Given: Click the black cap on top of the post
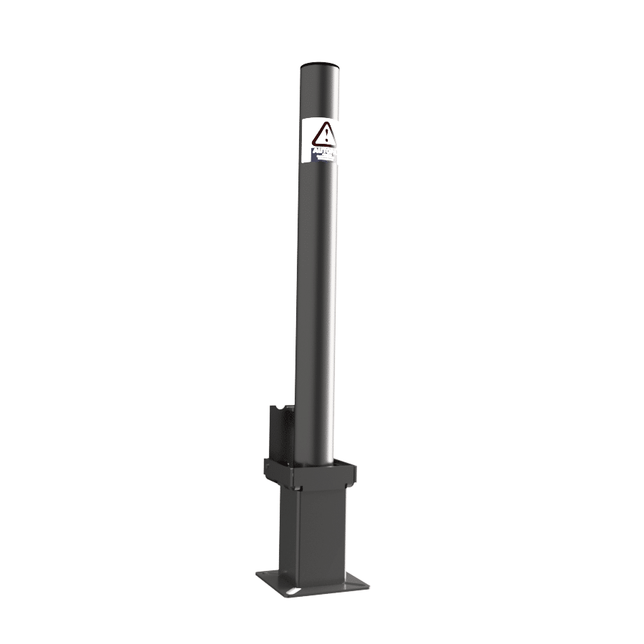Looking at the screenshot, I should (x=321, y=65).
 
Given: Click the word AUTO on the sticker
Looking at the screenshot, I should (x=323, y=152).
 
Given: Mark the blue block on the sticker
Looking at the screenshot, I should (x=313, y=152).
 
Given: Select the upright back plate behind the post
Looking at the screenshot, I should (x=281, y=433).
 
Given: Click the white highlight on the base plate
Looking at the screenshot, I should (x=293, y=591).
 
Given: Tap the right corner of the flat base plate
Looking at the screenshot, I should (x=369, y=584).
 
